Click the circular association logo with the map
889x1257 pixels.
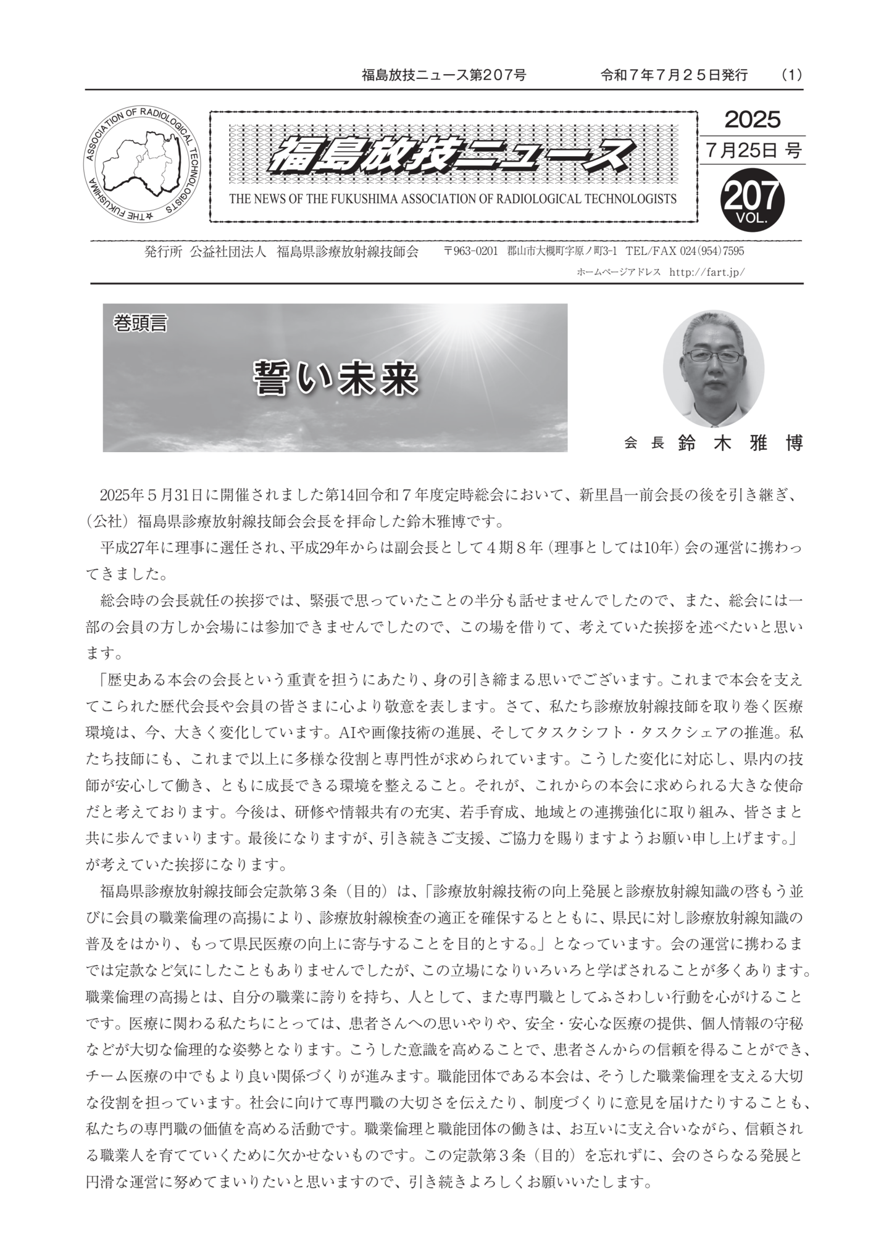point(142,165)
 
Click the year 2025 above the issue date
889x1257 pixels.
point(752,120)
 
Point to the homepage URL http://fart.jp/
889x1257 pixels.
point(706,272)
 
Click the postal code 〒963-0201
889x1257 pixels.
point(470,252)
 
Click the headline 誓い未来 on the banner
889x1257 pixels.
point(336,378)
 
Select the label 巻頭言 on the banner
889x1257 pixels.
point(140,323)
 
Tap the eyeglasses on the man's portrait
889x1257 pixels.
point(714,356)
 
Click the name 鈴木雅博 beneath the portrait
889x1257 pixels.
point(740,443)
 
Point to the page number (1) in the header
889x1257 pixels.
point(791,75)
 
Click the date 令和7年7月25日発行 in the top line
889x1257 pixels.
point(674,75)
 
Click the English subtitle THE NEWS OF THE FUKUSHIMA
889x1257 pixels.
point(453,199)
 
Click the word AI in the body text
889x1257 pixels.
point(347,733)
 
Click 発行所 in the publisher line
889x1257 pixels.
point(163,252)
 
